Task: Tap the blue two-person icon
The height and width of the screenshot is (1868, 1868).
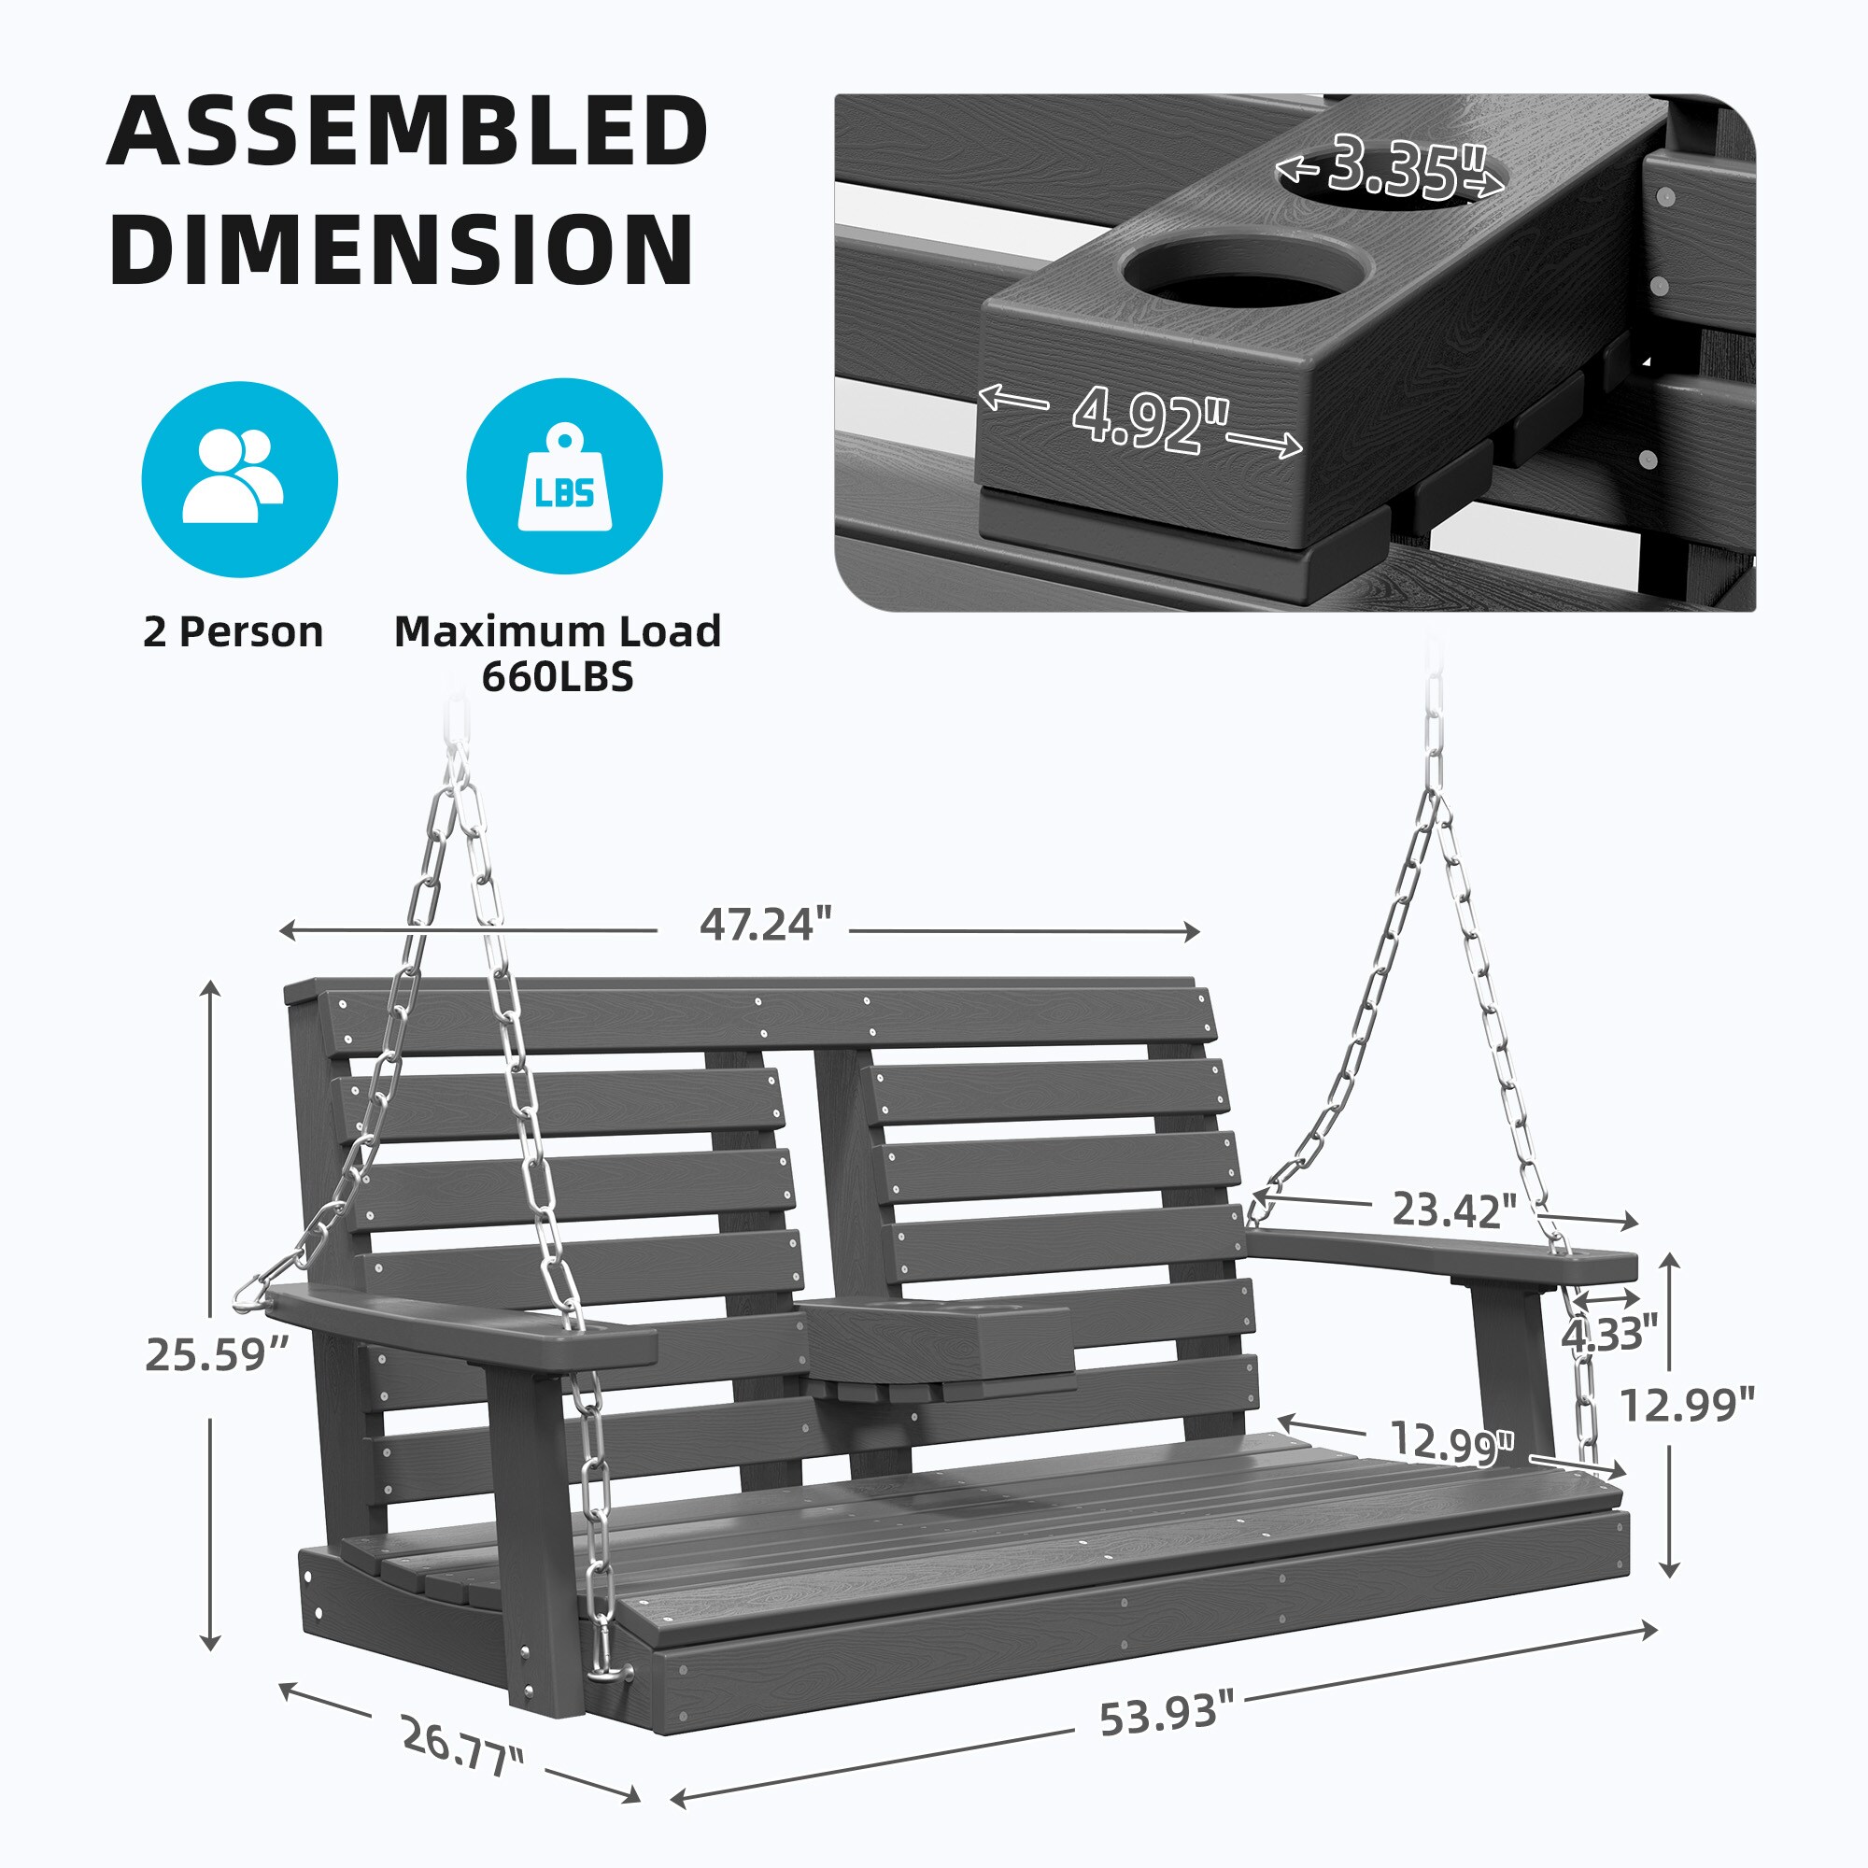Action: click(240, 478)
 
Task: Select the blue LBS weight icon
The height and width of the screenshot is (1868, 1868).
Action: click(565, 476)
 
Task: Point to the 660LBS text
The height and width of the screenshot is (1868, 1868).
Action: click(558, 677)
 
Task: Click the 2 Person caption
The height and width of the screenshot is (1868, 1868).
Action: click(233, 631)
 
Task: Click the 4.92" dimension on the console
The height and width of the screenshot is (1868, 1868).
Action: click(1151, 419)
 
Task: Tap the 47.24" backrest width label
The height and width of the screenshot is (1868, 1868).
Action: click(766, 925)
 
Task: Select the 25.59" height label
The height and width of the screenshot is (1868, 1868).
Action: click(218, 1354)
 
